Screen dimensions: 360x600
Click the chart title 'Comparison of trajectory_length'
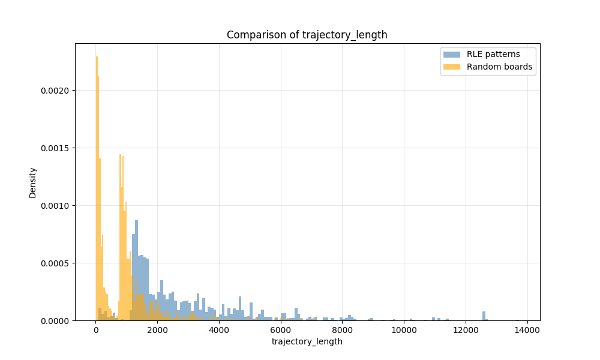coord(307,35)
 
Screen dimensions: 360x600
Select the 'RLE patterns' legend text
coord(493,55)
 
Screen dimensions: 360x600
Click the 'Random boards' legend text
coord(499,67)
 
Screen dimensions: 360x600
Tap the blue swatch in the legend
coord(451,55)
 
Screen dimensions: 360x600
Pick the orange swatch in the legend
coord(451,67)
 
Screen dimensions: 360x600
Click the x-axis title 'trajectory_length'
coord(307,341)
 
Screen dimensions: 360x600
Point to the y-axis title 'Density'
coord(33,182)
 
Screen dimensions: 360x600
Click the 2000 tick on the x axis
coord(157,329)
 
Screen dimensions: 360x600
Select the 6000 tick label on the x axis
coord(281,329)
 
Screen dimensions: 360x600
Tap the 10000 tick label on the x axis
coord(404,329)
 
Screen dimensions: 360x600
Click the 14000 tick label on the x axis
coord(527,329)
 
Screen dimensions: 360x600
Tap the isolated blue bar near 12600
coord(484,316)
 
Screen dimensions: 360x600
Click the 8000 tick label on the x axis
coord(342,329)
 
